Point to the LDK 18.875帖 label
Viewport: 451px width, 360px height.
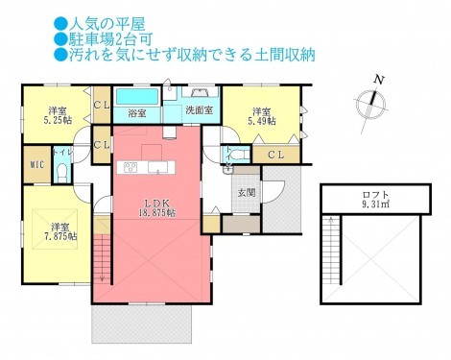[x=159, y=207]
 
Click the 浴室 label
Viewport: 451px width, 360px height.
[x=136, y=112]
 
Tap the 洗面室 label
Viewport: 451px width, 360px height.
[x=199, y=109]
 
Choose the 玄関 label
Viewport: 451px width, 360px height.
[x=247, y=192]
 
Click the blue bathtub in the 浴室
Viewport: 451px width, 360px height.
[x=137, y=97]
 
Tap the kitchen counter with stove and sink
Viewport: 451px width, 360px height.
[x=147, y=169]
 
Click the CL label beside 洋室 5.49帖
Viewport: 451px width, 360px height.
[x=273, y=155]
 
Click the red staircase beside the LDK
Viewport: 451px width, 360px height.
[x=103, y=263]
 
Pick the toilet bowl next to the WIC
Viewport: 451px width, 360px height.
[x=61, y=174]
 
